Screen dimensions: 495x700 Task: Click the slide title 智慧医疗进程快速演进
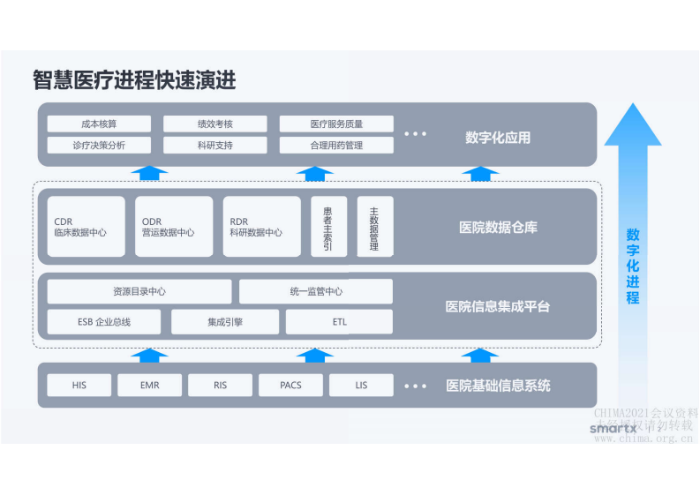click(x=134, y=80)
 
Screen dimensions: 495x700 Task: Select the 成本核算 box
click(x=99, y=124)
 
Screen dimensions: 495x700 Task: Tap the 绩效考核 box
click(x=215, y=124)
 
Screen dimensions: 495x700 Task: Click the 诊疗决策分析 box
click(x=99, y=146)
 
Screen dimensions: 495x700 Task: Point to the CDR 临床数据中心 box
click(x=86, y=227)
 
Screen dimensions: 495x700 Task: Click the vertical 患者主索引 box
click(x=328, y=227)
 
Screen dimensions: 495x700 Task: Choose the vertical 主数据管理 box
click(x=374, y=227)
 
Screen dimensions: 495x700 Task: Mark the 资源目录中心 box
click(x=139, y=291)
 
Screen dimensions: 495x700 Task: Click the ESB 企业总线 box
click(x=104, y=322)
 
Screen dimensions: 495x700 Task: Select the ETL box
click(x=340, y=322)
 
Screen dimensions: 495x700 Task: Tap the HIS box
click(x=79, y=386)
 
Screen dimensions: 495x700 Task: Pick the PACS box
click(x=290, y=386)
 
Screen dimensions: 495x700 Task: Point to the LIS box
click(x=361, y=386)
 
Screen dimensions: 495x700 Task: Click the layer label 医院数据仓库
click(x=498, y=228)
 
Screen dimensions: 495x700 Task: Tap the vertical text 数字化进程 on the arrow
click(x=633, y=266)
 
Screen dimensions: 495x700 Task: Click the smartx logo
click(x=613, y=428)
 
